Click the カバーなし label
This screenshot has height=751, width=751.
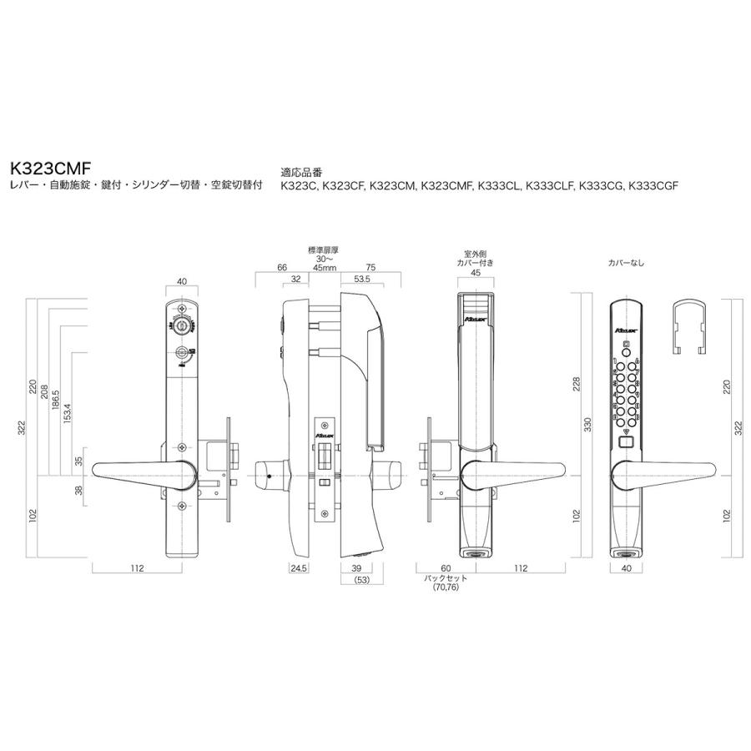pyautogui.click(x=627, y=263)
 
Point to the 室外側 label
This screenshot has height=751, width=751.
pyautogui.click(x=475, y=253)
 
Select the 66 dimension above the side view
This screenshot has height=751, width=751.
pyautogui.click(x=281, y=268)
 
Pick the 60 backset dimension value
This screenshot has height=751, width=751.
pyautogui.click(x=446, y=568)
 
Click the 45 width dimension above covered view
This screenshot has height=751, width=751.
pyautogui.click(x=475, y=272)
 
